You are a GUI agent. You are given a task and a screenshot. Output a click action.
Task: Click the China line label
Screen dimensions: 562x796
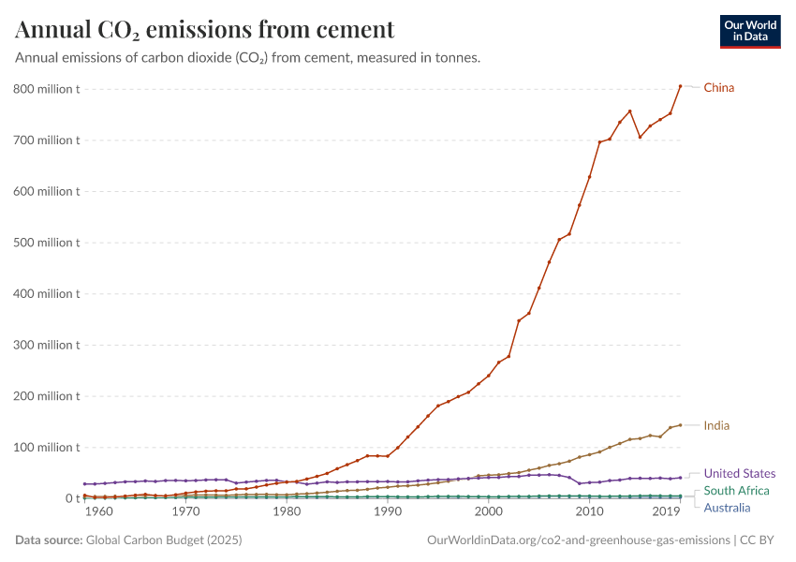coord(718,88)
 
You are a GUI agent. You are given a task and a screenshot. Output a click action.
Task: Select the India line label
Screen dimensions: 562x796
coord(716,425)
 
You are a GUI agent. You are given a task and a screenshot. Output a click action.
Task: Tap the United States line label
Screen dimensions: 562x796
coord(739,473)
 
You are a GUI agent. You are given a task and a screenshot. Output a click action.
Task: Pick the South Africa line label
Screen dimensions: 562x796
coord(736,491)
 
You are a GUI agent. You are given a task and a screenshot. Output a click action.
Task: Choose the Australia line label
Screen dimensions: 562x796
coord(727,508)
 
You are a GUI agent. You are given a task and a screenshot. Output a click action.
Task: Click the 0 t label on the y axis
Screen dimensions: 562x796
coord(71,498)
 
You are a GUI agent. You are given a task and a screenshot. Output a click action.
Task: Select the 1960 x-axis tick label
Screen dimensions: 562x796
coord(98,512)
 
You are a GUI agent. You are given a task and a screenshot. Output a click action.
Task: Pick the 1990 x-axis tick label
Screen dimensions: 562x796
coord(388,512)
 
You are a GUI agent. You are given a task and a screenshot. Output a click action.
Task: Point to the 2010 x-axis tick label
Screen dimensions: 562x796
coord(589,512)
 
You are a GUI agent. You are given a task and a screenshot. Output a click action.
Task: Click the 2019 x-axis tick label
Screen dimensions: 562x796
coord(667,512)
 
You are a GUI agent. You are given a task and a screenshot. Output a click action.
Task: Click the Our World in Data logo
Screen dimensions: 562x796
coord(749,31)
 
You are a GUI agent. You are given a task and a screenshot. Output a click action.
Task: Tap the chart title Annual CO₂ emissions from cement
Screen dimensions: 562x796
coord(205,29)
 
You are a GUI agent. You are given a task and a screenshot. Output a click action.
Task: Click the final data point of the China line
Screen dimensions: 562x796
coord(680,86)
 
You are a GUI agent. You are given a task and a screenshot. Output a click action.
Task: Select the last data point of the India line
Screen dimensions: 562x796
coord(680,425)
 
